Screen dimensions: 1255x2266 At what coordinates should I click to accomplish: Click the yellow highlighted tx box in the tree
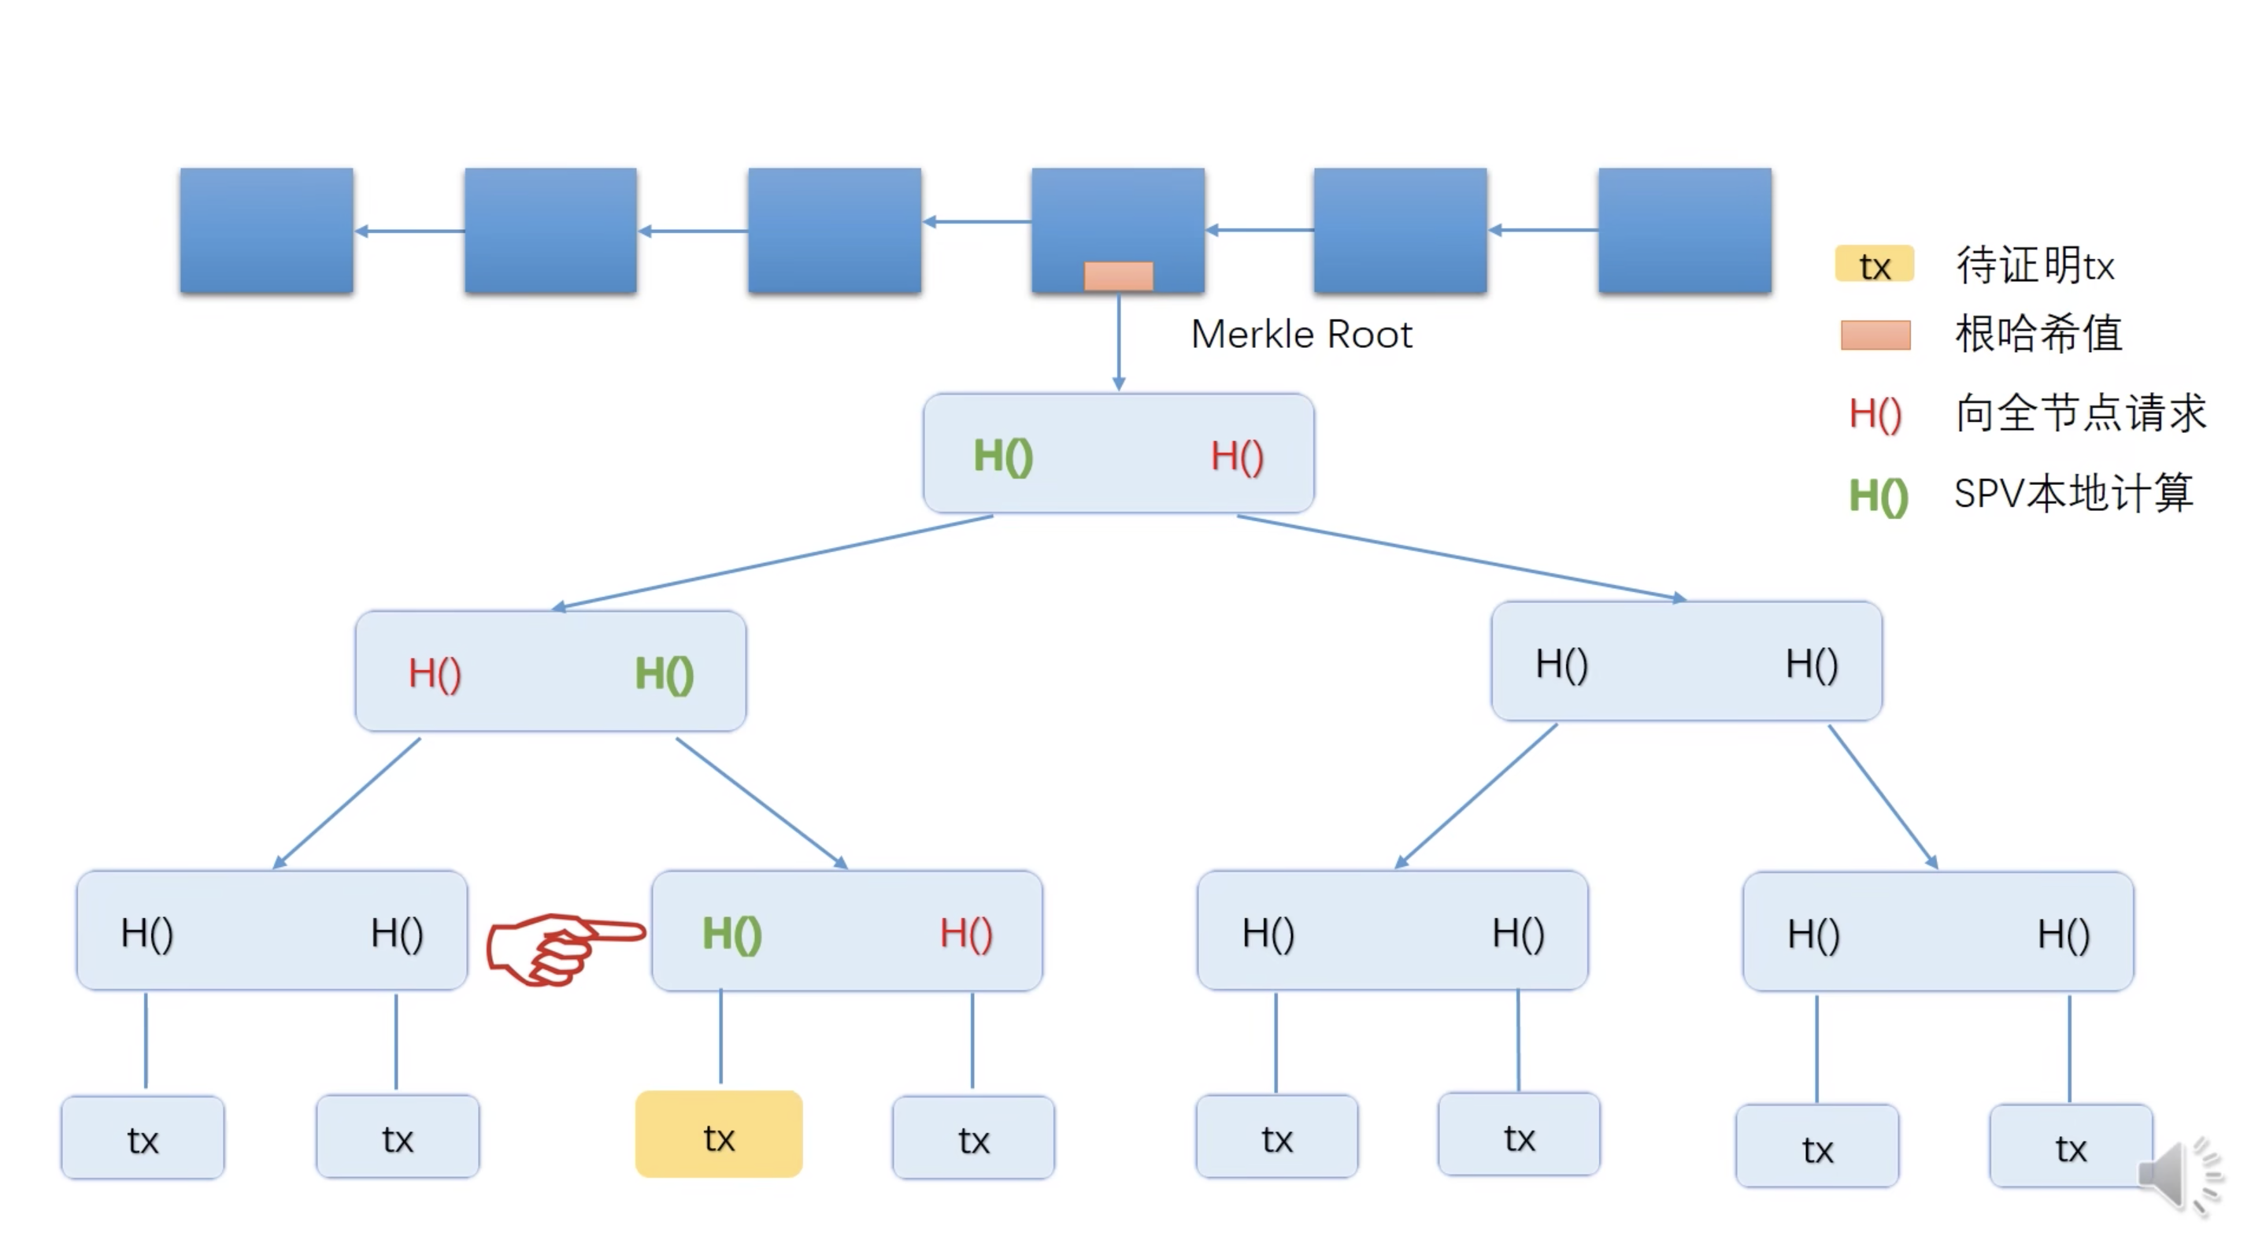pos(719,1135)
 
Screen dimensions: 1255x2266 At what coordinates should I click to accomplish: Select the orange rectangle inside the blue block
pos(1118,276)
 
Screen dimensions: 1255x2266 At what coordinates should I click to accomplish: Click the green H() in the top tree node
pos(1003,457)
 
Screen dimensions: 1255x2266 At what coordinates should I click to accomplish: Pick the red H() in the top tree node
pos(1237,457)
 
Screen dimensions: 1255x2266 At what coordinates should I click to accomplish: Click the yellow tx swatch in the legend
pos(1874,265)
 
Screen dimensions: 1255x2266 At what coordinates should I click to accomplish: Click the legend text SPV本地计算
pos(2073,494)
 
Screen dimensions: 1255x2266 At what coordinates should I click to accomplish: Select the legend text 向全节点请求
pos(2080,413)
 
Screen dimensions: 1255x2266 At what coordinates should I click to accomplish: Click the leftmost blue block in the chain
pos(267,231)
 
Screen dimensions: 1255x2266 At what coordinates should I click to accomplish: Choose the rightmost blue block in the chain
pos(1685,231)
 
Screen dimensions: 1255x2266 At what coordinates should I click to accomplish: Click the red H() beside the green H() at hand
pos(966,933)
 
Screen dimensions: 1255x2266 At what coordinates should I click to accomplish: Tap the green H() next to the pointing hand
pos(732,933)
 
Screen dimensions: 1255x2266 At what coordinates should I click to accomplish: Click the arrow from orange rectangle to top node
pos(1118,343)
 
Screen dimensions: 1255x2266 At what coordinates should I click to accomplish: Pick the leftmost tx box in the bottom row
pos(143,1137)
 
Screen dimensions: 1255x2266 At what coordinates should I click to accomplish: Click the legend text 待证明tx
pos(2035,265)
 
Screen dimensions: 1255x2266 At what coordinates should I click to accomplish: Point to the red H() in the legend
pos(1875,413)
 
